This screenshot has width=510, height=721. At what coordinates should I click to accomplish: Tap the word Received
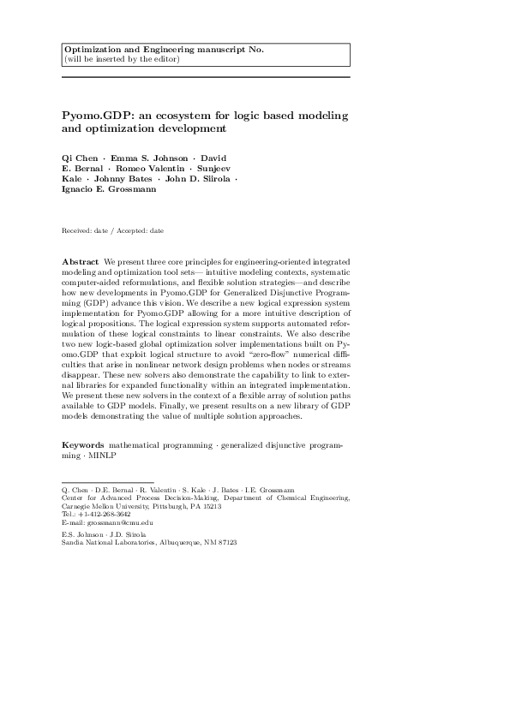pyautogui.click(x=78, y=230)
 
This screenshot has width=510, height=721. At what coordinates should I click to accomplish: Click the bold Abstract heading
pyautogui.click(x=80, y=260)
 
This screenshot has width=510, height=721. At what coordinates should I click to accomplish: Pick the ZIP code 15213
pyautogui.click(x=210, y=506)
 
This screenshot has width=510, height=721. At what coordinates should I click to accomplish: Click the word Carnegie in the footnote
pyautogui.click(x=77, y=506)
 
